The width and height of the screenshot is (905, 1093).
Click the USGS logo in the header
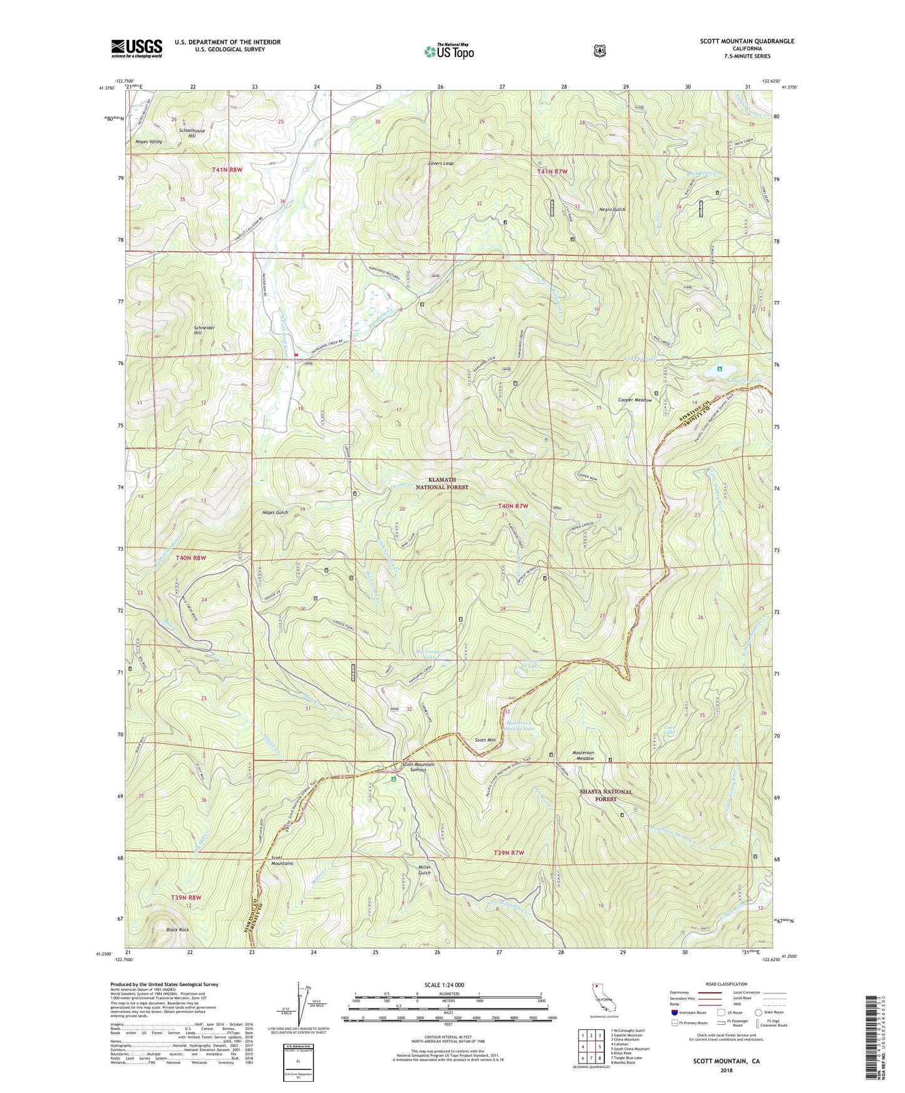tap(137, 48)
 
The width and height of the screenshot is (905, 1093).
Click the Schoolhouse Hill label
tap(191, 133)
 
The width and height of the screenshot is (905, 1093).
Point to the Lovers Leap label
tap(441, 163)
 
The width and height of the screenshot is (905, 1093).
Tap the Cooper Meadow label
tap(635, 399)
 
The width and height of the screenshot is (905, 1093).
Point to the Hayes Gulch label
tap(275, 512)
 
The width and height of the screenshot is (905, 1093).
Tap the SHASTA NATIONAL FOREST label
tap(606, 795)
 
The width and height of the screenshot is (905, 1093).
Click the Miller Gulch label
tap(425, 870)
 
